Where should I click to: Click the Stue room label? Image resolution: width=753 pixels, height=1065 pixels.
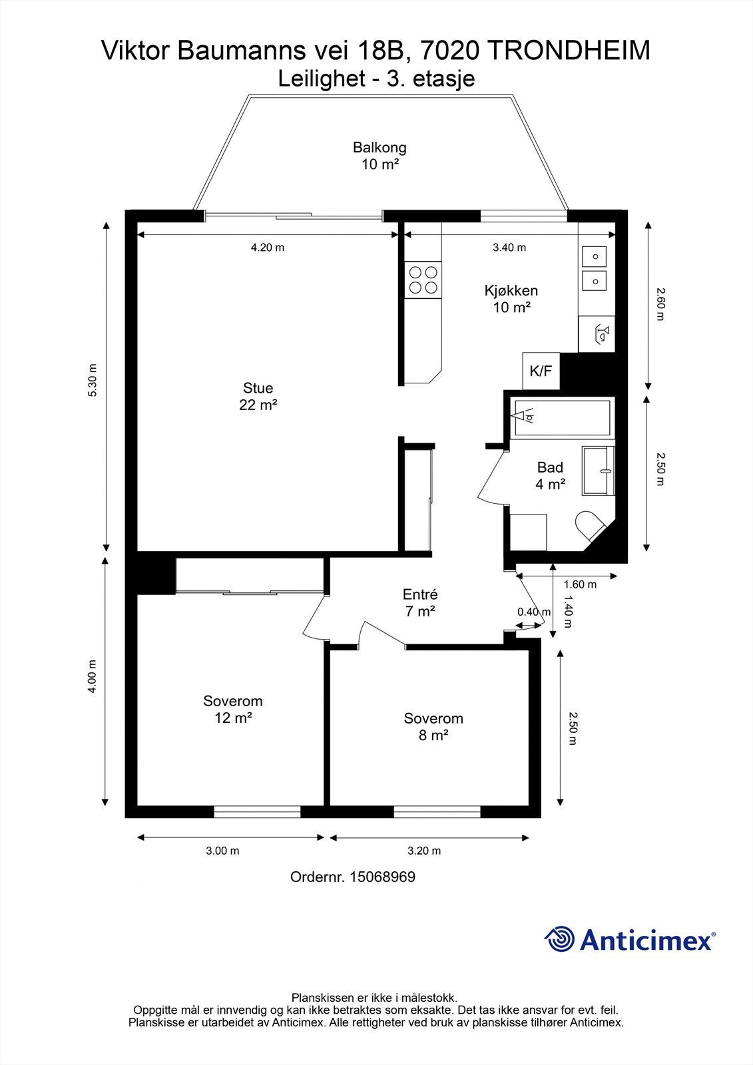(258, 396)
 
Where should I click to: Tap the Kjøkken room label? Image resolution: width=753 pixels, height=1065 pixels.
(511, 299)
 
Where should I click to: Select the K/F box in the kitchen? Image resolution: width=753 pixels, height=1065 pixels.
(541, 371)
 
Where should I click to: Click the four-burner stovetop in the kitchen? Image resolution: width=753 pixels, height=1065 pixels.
(423, 280)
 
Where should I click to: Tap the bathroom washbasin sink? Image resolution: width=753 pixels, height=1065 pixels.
(599, 471)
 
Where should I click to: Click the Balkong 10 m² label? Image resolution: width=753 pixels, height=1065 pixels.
(379, 156)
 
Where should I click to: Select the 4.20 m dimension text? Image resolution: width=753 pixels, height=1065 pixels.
(267, 248)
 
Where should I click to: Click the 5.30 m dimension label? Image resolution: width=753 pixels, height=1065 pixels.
(93, 381)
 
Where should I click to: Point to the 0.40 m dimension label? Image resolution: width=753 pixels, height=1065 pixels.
(534, 612)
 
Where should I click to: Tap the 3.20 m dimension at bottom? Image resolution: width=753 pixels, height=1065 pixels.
(424, 851)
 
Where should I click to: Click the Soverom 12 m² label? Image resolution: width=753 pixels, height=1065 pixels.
(232, 709)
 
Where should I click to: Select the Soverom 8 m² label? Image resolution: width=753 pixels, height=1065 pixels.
(433, 726)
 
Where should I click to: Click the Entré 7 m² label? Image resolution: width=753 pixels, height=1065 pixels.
(420, 602)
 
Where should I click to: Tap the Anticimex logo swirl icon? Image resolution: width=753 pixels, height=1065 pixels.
(560, 940)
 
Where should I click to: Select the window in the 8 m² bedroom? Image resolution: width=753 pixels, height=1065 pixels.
(437, 812)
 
